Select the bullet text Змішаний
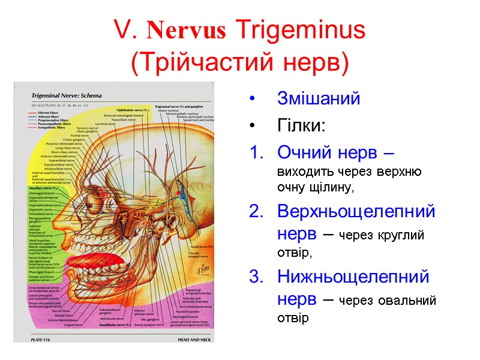tap(318, 98)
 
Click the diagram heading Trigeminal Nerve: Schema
tap(66, 95)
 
